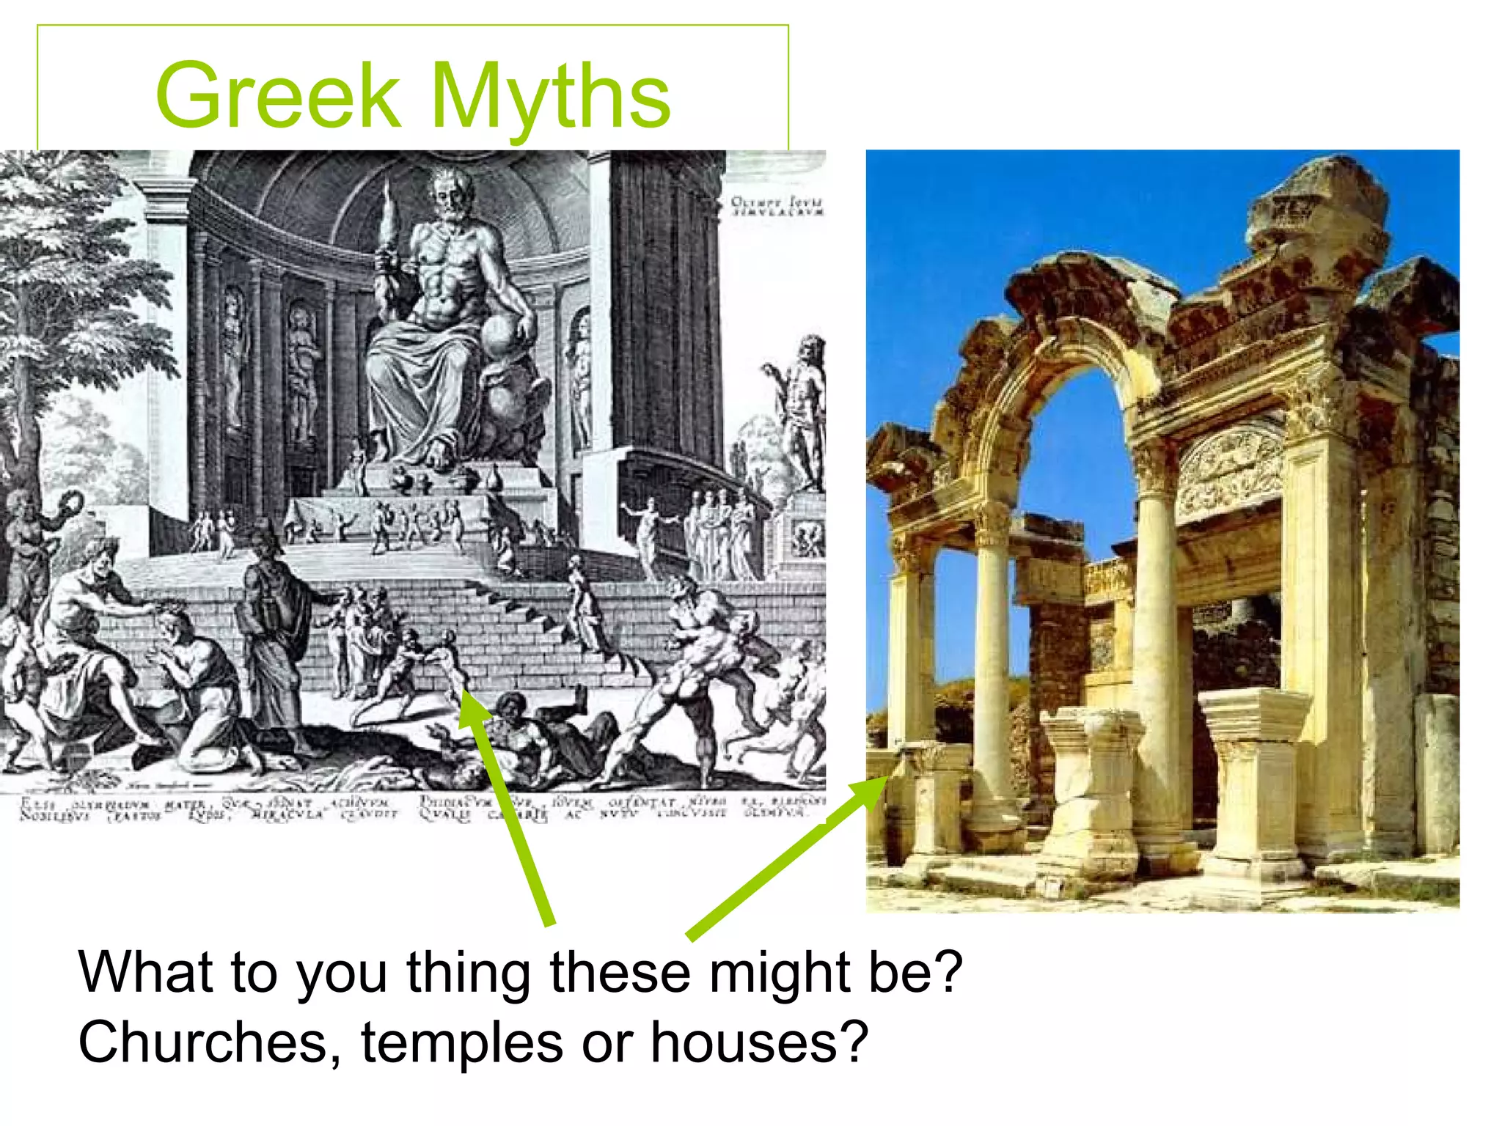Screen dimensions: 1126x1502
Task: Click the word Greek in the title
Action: (277, 95)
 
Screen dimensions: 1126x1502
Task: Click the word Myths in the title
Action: (550, 95)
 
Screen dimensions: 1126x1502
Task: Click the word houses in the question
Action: (759, 1042)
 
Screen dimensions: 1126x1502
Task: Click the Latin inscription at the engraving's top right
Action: (777, 206)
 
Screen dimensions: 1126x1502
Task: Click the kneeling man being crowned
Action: (194, 682)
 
